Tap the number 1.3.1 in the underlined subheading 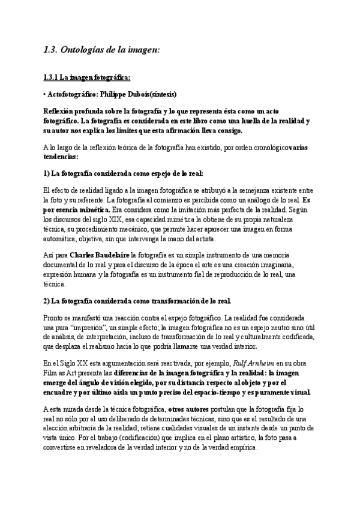point(51,77)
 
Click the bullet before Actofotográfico point(44,94)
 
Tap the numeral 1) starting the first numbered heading point(47,173)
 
